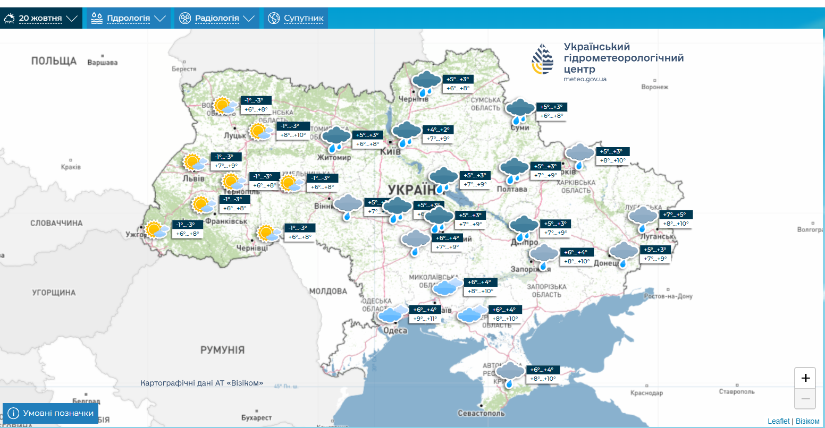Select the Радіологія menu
pos(217,19)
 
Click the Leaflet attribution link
pos(778,421)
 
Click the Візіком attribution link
pos(807,421)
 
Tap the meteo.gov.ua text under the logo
pos(585,79)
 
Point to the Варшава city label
pos(102,63)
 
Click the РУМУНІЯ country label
pos(222,350)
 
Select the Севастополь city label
pos(481,413)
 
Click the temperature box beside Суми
pos(552,111)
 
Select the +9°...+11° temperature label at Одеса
pos(425,319)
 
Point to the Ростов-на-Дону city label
pos(668,296)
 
